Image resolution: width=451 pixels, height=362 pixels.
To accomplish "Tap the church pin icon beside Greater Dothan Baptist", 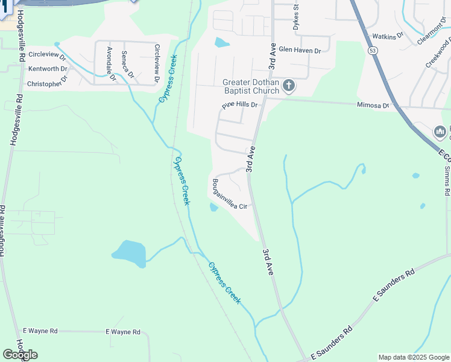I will pyautogui.click(x=288, y=86).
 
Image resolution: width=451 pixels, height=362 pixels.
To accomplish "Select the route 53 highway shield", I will pyautogui.click(x=374, y=51).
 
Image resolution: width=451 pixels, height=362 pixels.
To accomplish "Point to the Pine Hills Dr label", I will pyautogui.click(x=239, y=106).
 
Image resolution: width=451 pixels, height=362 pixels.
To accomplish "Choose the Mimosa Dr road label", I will pyautogui.click(x=373, y=105).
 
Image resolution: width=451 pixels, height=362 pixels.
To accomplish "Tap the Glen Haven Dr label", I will pyautogui.click(x=300, y=51).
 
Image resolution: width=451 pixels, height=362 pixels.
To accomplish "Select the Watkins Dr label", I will pyautogui.click(x=388, y=37).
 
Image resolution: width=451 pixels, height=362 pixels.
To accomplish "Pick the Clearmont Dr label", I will pyautogui.click(x=432, y=34).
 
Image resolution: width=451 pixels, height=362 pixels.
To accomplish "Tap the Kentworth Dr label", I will pyautogui.click(x=47, y=69).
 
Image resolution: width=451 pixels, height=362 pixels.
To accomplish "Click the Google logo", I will pyautogui.click(x=20, y=355).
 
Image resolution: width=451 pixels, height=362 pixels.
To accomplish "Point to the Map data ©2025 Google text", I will pyautogui.click(x=414, y=357).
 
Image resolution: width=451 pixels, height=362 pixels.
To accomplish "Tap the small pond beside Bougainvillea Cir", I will pyautogui.click(x=214, y=207).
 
